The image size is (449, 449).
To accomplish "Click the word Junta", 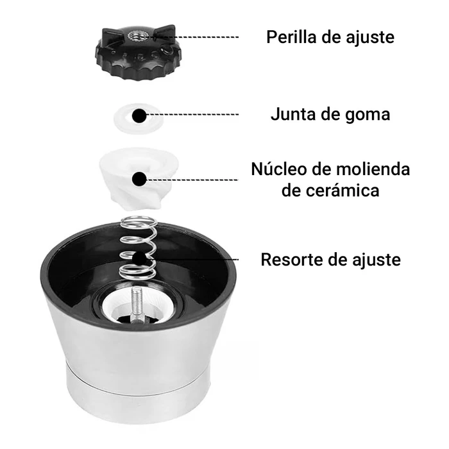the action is coord(293,114).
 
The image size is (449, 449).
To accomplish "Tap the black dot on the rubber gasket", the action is coord(139,116).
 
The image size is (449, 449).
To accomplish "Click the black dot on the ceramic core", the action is coord(139,179).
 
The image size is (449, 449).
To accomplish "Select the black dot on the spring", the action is coord(139,258).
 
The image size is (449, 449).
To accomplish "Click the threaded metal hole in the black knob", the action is coord(138,36).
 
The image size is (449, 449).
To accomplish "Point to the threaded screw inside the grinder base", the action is coord(136,304).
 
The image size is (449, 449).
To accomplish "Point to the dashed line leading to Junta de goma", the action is coord(192,115).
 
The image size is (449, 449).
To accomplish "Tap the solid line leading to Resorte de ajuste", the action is coord(192,259).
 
